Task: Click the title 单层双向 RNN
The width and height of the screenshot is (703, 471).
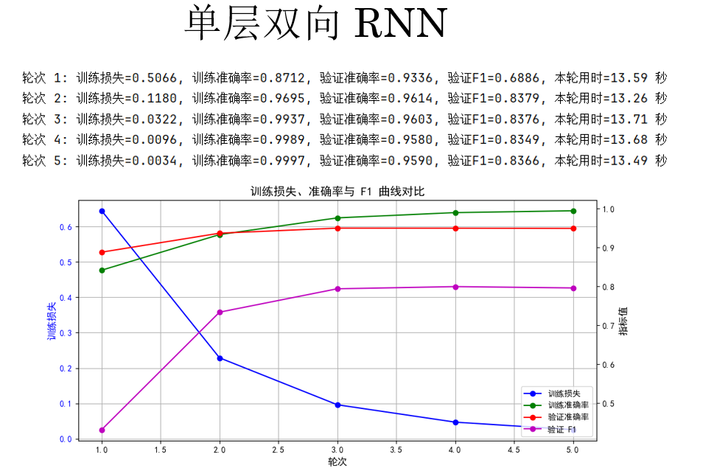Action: coord(315,24)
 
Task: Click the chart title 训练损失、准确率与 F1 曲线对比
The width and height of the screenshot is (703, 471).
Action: coord(337,192)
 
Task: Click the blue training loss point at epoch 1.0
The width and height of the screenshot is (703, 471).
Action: coord(102,211)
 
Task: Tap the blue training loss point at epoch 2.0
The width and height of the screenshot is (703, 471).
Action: coord(220,358)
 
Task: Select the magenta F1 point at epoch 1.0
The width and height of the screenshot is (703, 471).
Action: coord(102,430)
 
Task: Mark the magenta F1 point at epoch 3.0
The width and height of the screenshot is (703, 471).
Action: coord(337,289)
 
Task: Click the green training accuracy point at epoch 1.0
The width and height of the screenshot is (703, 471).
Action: coord(102,270)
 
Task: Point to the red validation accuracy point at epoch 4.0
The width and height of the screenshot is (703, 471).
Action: coord(455,228)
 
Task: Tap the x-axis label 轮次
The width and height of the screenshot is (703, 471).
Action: coord(337,462)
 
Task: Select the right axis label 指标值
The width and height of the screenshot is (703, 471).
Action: coord(624,321)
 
